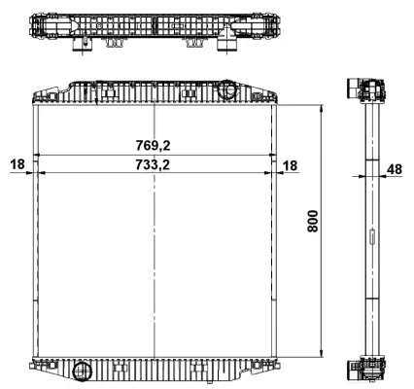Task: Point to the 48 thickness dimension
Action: coord(394,169)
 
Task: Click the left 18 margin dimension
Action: coord(17,165)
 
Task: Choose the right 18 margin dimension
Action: coord(292,165)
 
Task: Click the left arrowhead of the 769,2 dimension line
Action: coord(37,155)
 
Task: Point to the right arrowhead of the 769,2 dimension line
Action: coord(274,155)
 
